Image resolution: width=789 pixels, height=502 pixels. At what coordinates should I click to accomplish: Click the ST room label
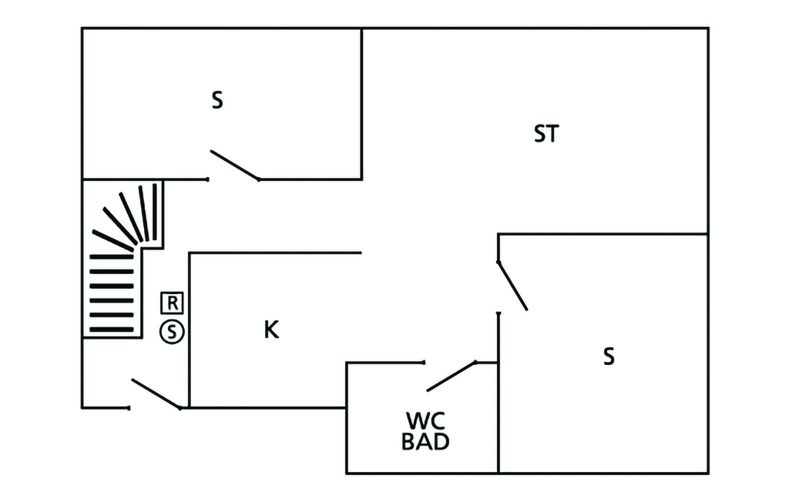tap(546, 134)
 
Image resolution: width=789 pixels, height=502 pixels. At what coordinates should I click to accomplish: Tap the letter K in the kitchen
tap(271, 330)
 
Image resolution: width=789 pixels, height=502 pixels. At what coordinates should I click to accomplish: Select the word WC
tap(425, 421)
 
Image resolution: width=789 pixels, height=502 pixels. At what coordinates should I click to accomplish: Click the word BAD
tap(425, 443)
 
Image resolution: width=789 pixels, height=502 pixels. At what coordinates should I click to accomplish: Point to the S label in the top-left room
tap(217, 101)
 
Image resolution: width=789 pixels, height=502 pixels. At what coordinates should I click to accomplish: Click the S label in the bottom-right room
tap(609, 356)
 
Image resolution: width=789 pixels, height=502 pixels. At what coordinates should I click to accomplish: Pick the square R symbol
tap(173, 302)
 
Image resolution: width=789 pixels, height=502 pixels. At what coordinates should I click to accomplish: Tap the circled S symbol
tap(173, 332)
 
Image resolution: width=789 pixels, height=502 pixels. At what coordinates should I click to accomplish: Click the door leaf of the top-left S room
tap(235, 165)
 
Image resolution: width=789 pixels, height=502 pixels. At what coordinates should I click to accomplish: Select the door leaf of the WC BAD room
tap(451, 376)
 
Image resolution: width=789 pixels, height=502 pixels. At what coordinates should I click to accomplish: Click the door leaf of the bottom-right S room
tap(512, 286)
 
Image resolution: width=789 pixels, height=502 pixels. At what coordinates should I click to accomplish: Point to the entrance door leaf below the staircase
tap(156, 393)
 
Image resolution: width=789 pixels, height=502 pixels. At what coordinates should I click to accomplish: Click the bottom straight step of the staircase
tap(112, 330)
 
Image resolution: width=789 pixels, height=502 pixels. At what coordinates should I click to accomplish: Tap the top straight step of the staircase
tap(112, 256)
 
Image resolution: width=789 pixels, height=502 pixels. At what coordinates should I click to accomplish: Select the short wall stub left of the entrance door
tap(105, 407)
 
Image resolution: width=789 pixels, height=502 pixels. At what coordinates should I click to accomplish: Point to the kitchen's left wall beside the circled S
tap(190, 331)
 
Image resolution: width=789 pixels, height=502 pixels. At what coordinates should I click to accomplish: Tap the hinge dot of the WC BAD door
tap(475, 362)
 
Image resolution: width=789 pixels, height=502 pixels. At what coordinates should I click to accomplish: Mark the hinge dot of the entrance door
tap(180, 407)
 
